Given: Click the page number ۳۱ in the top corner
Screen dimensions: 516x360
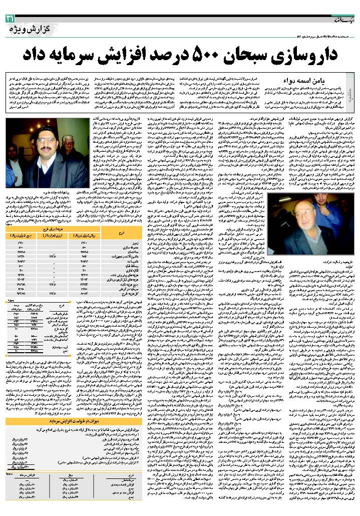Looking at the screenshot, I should (10, 19).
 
